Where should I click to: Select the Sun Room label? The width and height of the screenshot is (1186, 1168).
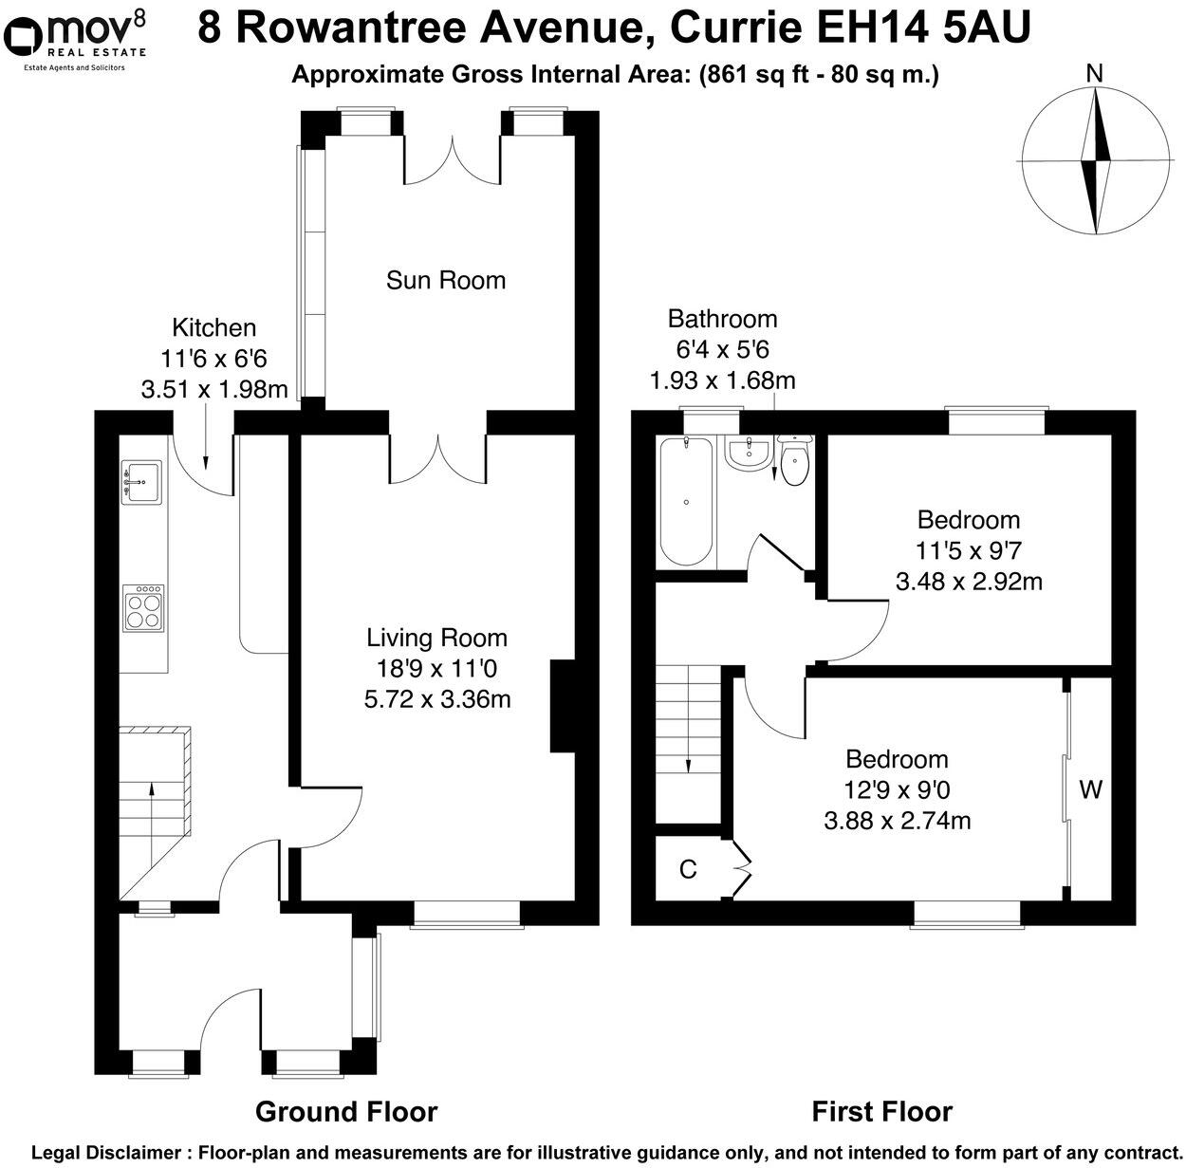445,280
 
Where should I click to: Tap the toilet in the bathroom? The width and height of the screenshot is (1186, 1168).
793,459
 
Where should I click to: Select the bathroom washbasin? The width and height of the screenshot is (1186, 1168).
749,454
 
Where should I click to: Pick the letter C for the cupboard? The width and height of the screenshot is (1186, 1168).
688,869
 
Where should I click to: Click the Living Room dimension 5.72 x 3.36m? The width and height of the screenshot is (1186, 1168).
437,699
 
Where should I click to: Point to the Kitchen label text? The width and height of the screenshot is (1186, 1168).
213,328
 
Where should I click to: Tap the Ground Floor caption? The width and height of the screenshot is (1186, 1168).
346,1111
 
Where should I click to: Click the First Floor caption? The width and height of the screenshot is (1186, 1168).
881,1111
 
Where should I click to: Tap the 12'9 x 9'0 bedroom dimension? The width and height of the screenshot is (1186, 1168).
897,790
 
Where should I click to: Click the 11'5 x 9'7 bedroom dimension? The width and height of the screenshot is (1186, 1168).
968,550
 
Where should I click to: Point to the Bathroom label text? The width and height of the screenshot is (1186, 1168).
722,319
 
